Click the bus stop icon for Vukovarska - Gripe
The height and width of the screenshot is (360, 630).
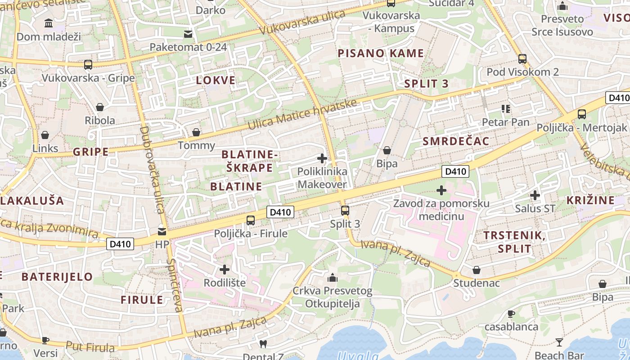pyautogui.click(x=88, y=64)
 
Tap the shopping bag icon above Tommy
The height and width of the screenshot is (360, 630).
pyautogui.click(x=196, y=132)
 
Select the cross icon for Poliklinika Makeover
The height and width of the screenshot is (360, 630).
pyautogui.click(x=322, y=158)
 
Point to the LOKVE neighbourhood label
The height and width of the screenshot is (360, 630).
pyautogui.click(x=216, y=81)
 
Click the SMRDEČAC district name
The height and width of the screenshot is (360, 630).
pyautogui.click(x=455, y=141)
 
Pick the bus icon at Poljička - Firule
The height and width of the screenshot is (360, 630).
pyautogui.click(x=251, y=220)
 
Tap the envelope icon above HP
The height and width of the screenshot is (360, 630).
pyautogui.click(x=161, y=232)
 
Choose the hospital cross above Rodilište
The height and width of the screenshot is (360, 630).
pyautogui.click(x=225, y=270)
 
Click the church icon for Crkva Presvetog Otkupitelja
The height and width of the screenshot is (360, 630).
pyautogui.click(x=333, y=278)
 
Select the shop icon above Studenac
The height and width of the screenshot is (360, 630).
pyautogui.click(x=477, y=270)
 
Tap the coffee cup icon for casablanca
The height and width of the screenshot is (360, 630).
pyautogui.click(x=511, y=314)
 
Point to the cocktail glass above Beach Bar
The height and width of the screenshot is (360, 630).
pyautogui.click(x=559, y=342)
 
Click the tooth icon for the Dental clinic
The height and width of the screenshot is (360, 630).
pyautogui.click(x=263, y=344)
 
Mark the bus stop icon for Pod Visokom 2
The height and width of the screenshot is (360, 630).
pyautogui.click(x=522, y=58)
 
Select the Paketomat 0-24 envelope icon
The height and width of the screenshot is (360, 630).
pyautogui.click(x=188, y=34)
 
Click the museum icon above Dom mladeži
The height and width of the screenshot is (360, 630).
pyautogui.click(x=49, y=23)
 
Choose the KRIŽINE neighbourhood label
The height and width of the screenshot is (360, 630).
pyautogui.click(x=590, y=200)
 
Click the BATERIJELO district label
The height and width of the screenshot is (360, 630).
pyautogui.click(x=57, y=276)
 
